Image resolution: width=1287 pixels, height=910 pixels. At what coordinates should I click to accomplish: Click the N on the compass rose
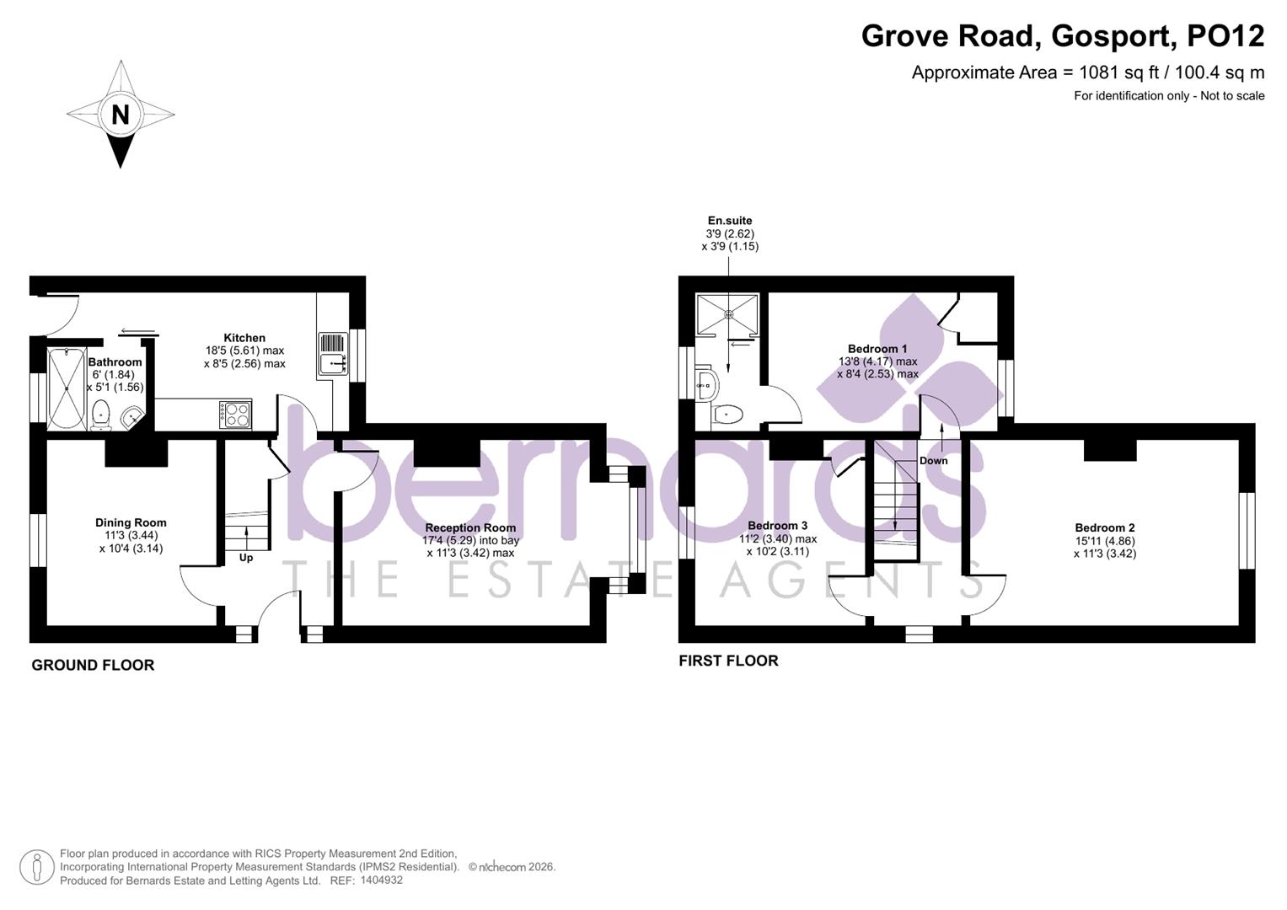[x=121, y=114]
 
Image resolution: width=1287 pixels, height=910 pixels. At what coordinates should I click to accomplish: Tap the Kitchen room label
[x=244, y=338]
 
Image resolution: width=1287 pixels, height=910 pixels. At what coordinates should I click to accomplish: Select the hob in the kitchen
[x=235, y=414]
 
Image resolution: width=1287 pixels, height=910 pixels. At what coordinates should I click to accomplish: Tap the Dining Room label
[x=131, y=522]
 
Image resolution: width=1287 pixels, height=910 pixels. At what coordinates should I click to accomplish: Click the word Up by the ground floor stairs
[x=246, y=558]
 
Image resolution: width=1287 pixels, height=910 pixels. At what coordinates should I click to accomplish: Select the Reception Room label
[x=470, y=528]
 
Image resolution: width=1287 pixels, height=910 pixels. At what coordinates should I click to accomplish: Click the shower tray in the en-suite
[x=727, y=313]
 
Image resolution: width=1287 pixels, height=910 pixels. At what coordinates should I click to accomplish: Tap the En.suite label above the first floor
[x=730, y=221]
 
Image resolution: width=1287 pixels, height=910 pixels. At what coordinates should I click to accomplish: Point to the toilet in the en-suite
[x=727, y=414]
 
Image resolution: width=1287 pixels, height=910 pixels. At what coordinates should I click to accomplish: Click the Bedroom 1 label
[x=877, y=349]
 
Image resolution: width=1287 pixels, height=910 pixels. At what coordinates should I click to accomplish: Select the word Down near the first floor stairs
[x=933, y=461]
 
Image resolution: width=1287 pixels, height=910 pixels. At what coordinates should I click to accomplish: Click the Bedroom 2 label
[x=1104, y=528]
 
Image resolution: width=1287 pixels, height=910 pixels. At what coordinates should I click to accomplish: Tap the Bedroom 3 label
[x=777, y=526]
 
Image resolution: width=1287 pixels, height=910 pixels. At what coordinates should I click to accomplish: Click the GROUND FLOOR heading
[x=93, y=666]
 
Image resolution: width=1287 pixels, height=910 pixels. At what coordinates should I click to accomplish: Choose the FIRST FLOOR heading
[x=728, y=661]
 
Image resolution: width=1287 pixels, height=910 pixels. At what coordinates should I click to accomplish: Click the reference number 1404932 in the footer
[x=381, y=880]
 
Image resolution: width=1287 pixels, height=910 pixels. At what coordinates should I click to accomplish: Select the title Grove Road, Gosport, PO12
[x=1062, y=36]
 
